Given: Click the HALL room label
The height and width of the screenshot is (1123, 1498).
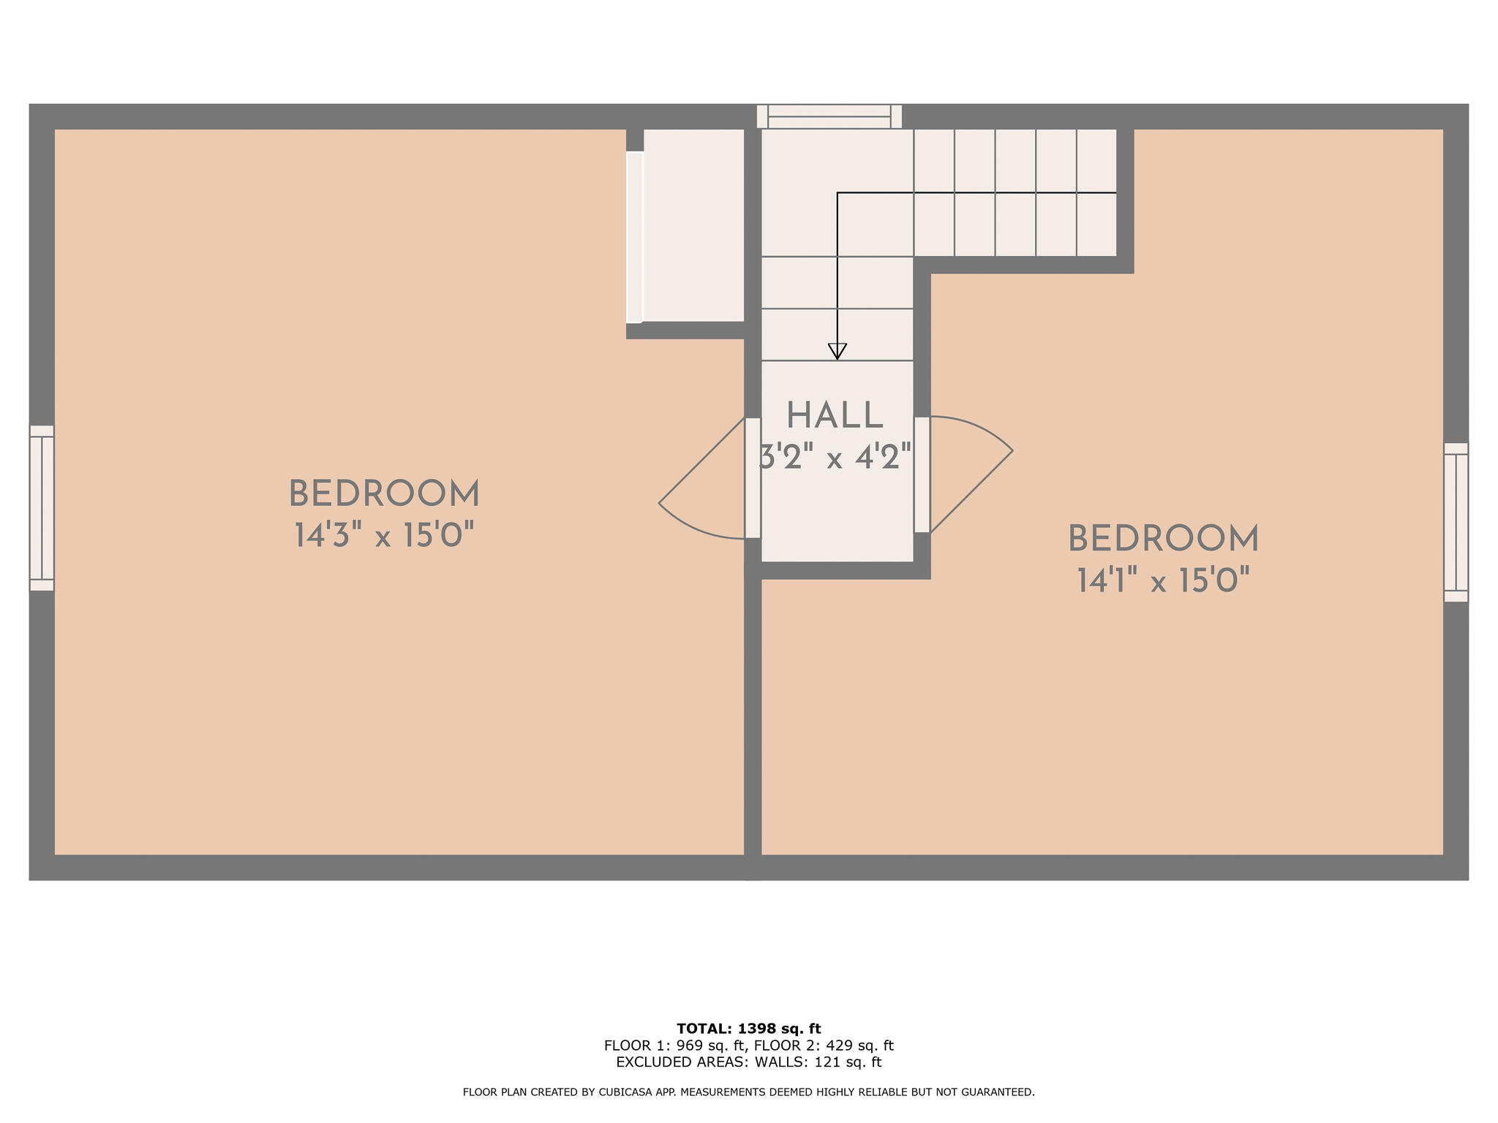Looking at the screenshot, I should (x=835, y=416).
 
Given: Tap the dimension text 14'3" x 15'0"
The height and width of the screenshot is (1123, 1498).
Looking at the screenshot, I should (x=384, y=536).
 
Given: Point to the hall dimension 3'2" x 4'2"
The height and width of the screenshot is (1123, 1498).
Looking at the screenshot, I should (x=835, y=458).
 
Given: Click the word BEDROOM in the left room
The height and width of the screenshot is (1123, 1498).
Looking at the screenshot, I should (x=384, y=494).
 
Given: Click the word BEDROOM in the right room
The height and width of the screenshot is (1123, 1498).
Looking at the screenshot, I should (x=1163, y=540).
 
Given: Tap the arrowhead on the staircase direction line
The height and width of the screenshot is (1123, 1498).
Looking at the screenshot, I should (x=837, y=352).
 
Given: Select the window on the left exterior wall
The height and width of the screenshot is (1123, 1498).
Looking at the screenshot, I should (x=42, y=508).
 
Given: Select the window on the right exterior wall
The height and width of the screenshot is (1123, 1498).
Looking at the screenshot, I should (x=1456, y=522).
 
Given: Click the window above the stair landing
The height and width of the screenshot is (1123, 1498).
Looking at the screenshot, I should (x=829, y=116).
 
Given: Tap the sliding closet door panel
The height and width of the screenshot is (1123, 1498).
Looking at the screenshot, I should (x=634, y=237).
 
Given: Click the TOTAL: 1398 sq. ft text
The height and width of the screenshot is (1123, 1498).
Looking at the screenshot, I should (x=748, y=1029).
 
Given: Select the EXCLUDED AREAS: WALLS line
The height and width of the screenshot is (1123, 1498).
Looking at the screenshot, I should (x=748, y=1062).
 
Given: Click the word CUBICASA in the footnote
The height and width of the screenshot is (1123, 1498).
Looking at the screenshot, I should (x=628, y=1092).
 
